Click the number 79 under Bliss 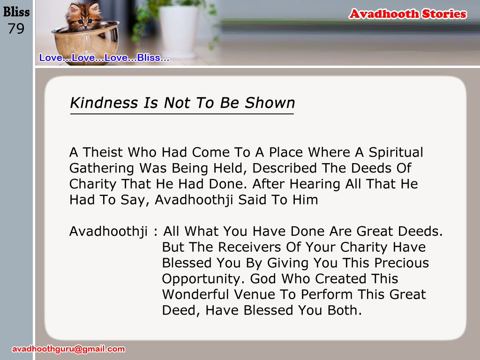point(16,29)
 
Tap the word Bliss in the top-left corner point(16,12)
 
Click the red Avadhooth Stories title point(408,14)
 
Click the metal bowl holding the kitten point(85,43)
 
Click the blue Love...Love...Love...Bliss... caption point(104,58)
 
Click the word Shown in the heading point(270,103)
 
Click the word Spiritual point(396,153)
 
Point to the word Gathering point(102,169)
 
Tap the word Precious point(402,263)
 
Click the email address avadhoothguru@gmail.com point(68,349)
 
